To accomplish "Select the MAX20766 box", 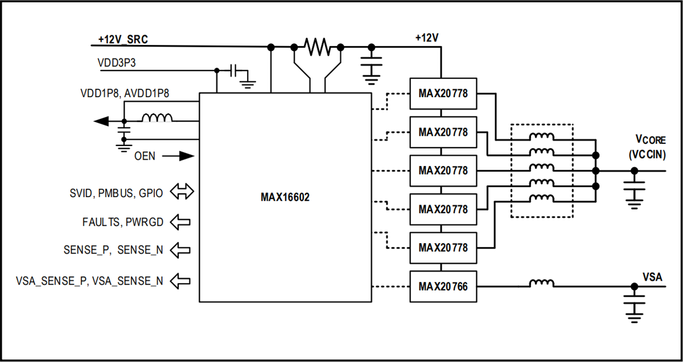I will (x=443, y=287).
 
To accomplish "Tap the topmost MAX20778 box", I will (x=443, y=93).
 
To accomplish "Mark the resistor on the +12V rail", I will (x=317, y=47).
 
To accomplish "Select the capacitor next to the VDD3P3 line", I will (x=234, y=71).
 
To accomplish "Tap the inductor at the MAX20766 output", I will (x=541, y=283).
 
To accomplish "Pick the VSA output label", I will (x=652, y=276).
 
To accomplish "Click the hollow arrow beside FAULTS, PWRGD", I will (x=181, y=222).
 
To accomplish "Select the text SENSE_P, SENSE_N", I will (x=114, y=249).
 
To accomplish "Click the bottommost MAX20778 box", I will (x=443, y=248).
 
